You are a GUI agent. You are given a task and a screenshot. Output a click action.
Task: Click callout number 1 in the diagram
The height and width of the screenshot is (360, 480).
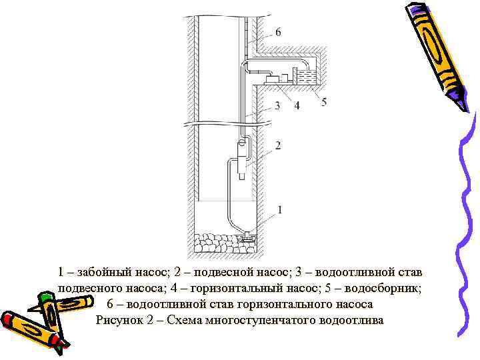tap(279, 209)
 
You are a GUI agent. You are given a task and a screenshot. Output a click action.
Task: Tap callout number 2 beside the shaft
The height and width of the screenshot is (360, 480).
tap(277, 145)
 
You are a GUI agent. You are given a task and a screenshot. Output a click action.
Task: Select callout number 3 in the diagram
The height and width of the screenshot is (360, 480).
tap(277, 105)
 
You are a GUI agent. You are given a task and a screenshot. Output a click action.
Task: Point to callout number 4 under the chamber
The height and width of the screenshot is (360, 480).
tap(297, 105)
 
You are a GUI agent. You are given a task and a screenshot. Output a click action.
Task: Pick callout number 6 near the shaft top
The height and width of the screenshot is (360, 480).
tap(277, 32)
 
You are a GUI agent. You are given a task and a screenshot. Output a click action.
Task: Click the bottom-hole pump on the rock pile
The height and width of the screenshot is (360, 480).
tap(248, 235)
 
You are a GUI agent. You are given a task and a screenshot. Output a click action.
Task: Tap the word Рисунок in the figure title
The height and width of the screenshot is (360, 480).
tap(118, 320)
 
